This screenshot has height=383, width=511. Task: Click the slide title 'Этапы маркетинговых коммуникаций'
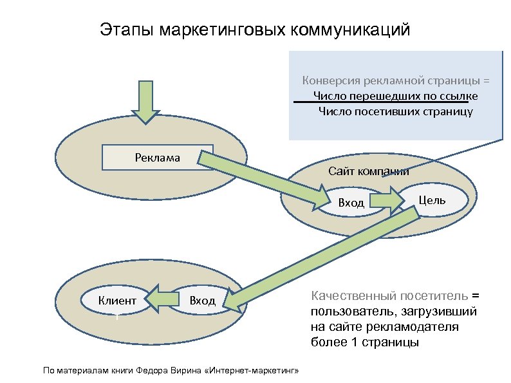[255, 30]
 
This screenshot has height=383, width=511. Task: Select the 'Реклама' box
[158, 156]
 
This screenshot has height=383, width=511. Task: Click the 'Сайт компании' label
[368, 171]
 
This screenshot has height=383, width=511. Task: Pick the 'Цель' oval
[432, 200]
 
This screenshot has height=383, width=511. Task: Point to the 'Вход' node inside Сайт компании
[351, 203]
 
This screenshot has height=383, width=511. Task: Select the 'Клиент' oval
[117, 300]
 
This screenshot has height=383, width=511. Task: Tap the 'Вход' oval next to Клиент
[202, 301]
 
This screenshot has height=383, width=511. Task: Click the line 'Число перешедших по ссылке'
[395, 97]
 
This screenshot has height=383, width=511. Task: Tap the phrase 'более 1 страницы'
[364, 342]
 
